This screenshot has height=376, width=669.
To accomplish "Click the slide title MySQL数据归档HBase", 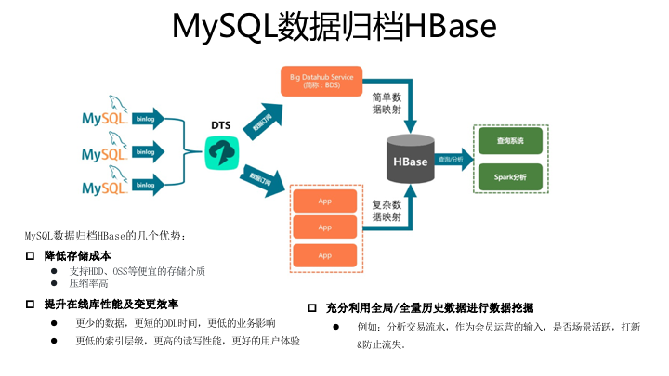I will coord(334,28).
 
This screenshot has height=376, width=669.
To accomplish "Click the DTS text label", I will coord(222,124).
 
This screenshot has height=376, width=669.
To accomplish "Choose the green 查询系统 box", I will coord(510,141).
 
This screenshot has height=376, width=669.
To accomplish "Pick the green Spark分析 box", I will coord(510,176).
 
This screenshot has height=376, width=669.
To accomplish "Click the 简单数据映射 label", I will coord(387,102).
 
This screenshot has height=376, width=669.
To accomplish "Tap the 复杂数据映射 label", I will coord(387,211).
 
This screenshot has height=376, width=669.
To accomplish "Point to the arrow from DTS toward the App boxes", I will coord(262,177).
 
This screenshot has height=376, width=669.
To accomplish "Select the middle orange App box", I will coord(325,227).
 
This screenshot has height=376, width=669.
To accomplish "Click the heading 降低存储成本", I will coord(78,255).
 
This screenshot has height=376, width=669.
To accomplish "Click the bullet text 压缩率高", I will coord(90,283).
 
